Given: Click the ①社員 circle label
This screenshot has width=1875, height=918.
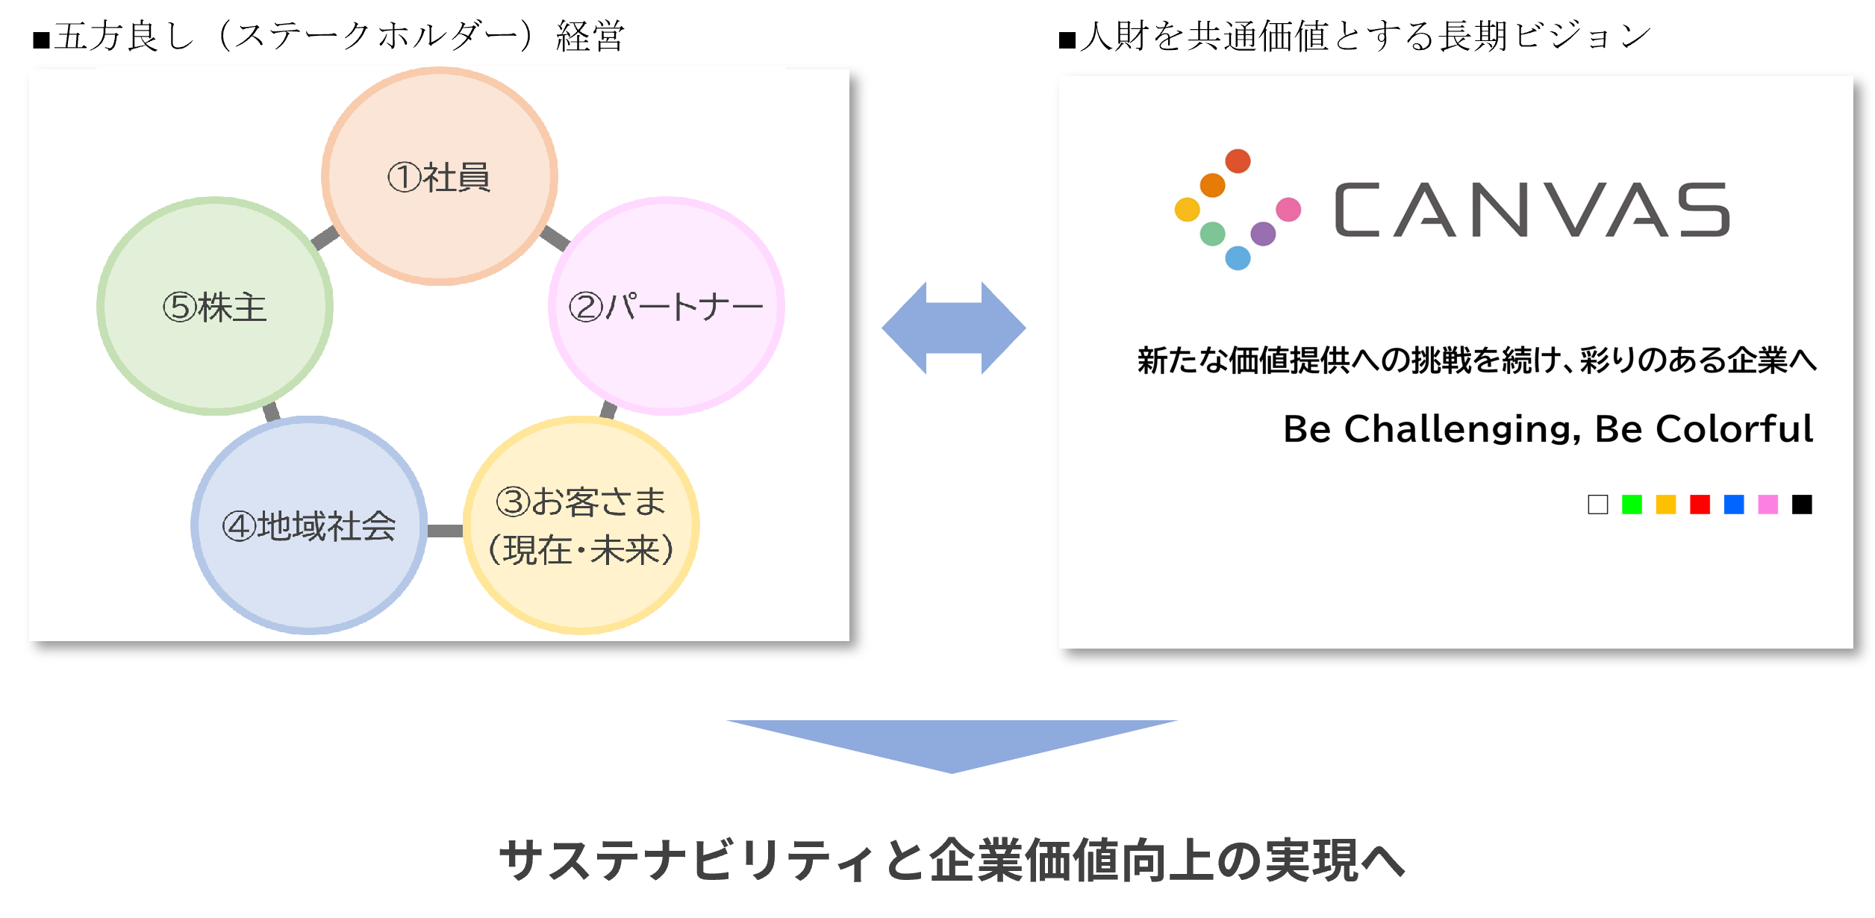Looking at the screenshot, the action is (439, 178).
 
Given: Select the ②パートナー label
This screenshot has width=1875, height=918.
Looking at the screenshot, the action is (666, 307).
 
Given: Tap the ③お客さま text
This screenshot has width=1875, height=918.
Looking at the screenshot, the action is (581, 502).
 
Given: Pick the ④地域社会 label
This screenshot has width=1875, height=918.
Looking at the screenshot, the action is (309, 526).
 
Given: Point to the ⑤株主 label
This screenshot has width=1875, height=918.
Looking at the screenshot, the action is (215, 307).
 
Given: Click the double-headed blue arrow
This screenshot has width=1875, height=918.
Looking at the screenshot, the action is (953, 328).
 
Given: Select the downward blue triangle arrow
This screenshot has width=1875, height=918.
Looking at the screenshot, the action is (952, 746).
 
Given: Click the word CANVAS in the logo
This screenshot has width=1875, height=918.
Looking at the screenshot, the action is (1532, 210).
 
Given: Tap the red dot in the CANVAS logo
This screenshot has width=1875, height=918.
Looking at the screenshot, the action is (1238, 161).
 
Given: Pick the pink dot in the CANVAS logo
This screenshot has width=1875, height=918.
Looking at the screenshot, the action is (1288, 210).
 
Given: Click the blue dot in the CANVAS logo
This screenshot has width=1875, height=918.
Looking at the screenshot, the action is (1238, 258).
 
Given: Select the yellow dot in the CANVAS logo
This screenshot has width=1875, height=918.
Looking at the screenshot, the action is (1187, 210).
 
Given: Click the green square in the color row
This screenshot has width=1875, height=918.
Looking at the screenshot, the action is (1632, 505).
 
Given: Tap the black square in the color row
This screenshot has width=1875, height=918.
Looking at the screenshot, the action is (1802, 505).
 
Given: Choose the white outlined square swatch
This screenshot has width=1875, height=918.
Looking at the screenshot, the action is (1598, 505).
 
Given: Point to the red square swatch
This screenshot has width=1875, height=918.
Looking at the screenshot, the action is (1700, 505).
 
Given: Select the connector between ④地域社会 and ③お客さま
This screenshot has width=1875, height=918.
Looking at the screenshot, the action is (445, 531).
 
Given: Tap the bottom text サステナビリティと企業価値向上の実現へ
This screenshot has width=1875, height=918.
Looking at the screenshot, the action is (952, 861).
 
